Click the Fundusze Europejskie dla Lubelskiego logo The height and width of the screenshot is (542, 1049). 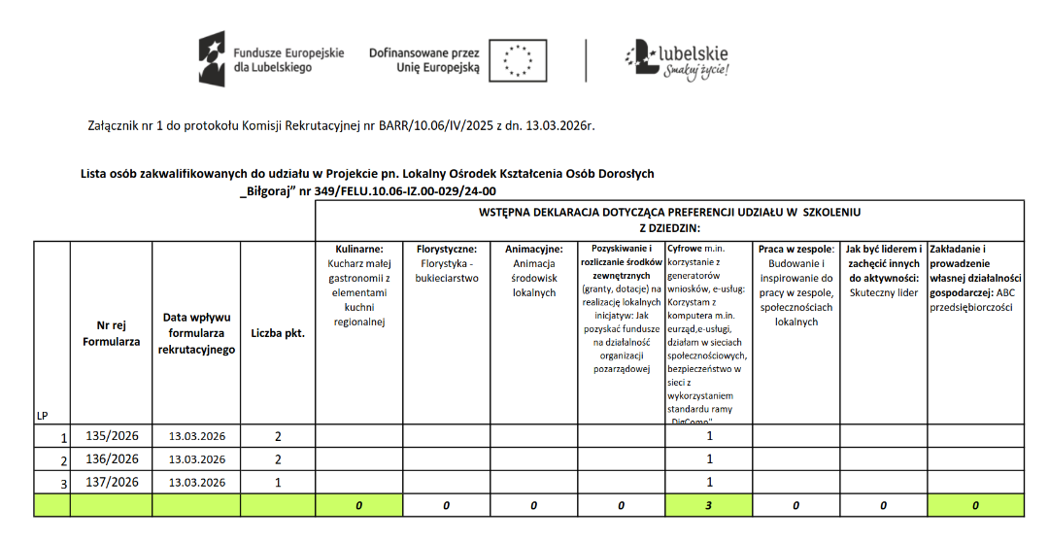(271, 59)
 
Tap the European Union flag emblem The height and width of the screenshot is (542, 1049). (517, 60)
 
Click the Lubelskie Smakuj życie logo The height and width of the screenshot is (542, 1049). (678, 59)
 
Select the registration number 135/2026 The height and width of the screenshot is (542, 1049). (113, 435)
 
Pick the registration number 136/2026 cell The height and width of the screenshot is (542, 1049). (113, 458)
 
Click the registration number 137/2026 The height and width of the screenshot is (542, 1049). (113, 482)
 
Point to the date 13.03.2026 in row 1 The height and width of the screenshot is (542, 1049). (196, 436)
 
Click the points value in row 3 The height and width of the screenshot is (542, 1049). (278, 482)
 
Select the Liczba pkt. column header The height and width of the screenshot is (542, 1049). (278, 333)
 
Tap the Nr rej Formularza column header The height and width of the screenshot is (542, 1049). (112, 333)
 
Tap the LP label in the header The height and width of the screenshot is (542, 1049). (43, 416)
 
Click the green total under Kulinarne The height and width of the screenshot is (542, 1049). (358, 505)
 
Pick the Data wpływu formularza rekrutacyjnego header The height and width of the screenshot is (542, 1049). (196, 333)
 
